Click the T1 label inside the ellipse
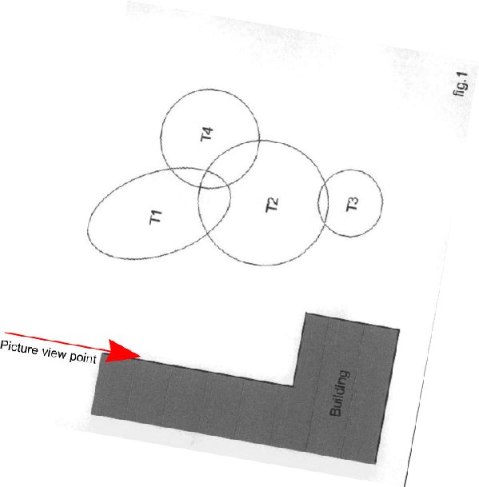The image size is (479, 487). coord(156,217)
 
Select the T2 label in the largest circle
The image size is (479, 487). coord(272,205)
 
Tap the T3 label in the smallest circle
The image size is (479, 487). coord(352,204)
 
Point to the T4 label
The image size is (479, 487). coord(207,134)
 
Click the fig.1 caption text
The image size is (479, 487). coord(460,84)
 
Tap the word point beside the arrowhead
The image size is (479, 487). coord(82,357)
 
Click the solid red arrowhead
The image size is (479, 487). coord(122,352)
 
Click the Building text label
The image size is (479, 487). coord(339,393)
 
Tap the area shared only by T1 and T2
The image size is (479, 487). coord(213,211)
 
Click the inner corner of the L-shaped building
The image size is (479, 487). coord(293,386)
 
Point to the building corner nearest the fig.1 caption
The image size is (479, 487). coord(399,329)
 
